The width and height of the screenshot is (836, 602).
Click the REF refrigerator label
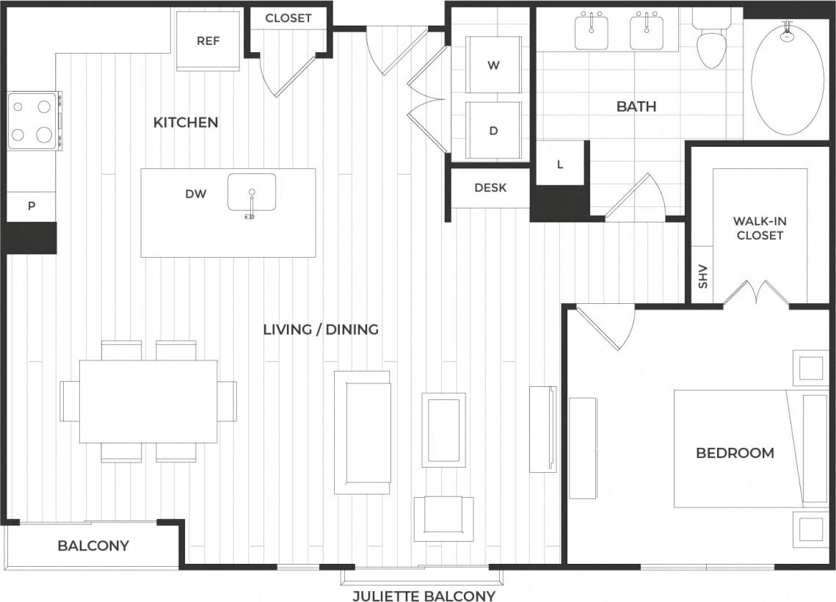(208, 41)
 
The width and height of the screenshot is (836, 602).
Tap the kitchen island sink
(251, 192)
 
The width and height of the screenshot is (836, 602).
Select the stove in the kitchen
(34, 121)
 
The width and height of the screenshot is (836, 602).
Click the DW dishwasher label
(195, 195)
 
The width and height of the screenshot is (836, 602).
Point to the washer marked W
(493, 65)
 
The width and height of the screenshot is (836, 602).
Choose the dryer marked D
(493, 131)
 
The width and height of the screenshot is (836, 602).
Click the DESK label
(490, 188)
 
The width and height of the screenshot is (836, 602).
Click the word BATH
(636, 106)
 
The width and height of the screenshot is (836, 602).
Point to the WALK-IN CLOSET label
(759, 228)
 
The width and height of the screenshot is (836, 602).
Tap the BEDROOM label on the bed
(735, 453)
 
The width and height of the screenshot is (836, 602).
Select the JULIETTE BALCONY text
(424, 595)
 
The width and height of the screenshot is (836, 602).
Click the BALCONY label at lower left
(93, 545)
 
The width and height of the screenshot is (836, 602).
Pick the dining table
(148, 401)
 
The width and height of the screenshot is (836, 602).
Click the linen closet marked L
(559, 164)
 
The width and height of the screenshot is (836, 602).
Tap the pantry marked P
(32, 206)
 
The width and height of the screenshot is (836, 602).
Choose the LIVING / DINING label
(321, 329)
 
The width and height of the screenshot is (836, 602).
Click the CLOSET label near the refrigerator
(288, 18)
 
